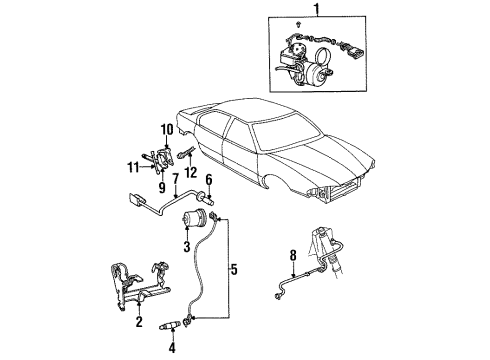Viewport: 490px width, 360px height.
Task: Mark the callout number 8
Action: (x=293, y=255)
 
